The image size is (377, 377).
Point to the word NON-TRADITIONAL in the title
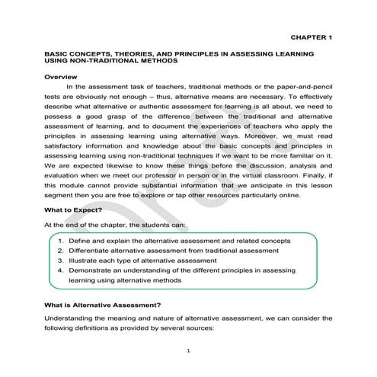108,63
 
